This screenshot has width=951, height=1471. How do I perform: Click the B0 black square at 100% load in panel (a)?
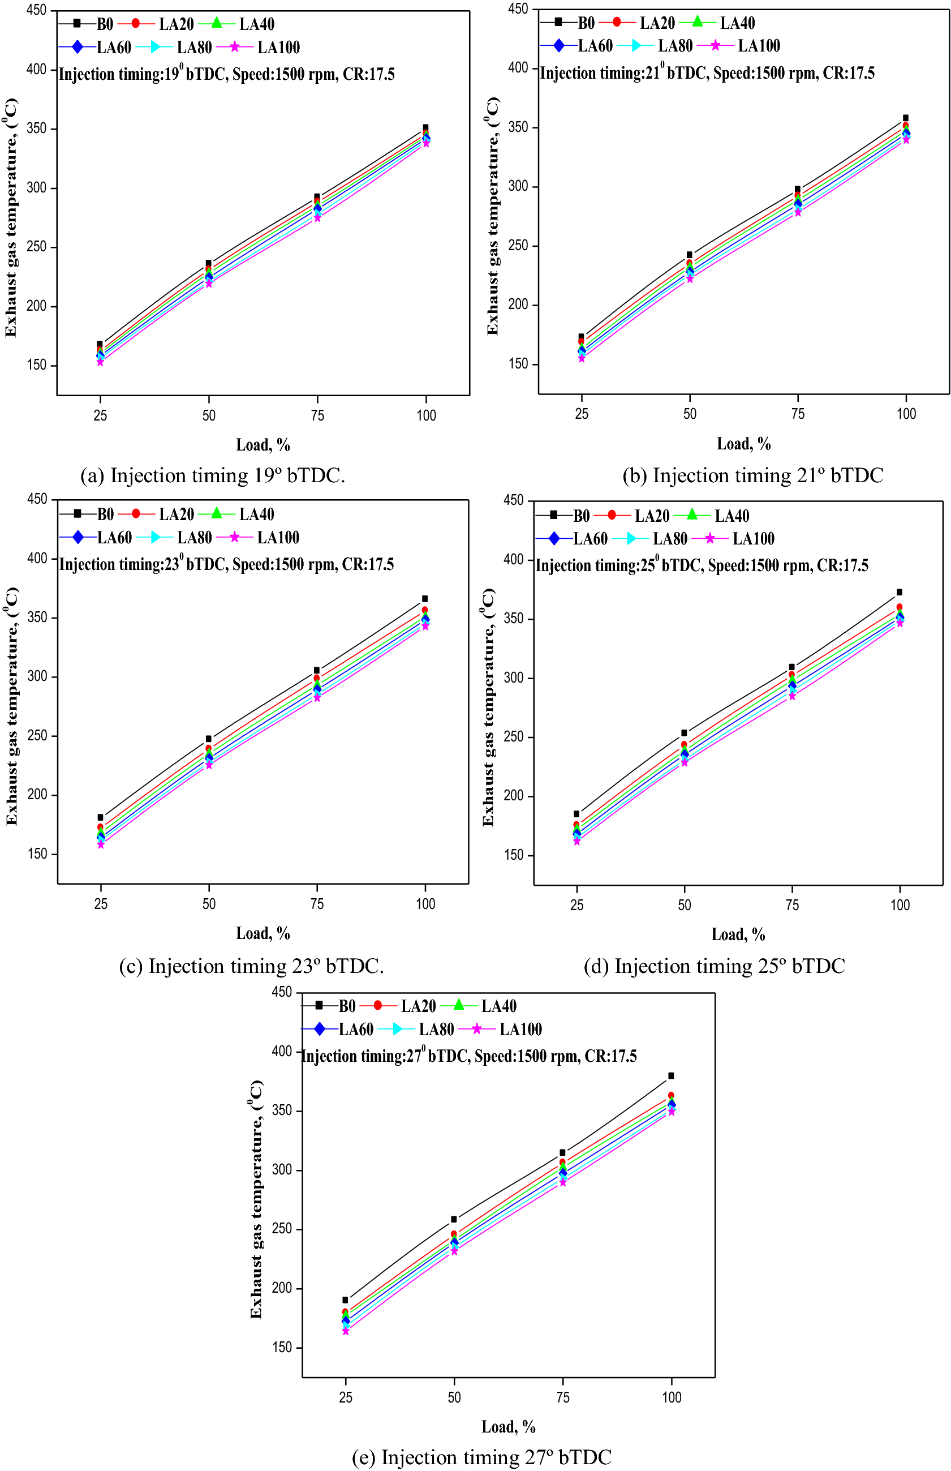[425, 128]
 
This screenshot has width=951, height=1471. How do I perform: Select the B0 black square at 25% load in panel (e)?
[345, 1300]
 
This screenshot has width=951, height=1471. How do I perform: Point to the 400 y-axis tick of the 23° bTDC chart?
[37, 558]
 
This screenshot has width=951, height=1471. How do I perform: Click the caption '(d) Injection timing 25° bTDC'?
[715, 966]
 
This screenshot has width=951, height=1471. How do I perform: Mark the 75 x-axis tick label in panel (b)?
[798, 414]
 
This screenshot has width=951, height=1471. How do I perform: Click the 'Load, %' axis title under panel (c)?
[263, 933]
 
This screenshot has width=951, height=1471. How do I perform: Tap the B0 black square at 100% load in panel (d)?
[899, 592]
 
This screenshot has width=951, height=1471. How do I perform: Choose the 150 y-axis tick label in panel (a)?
[37, 365]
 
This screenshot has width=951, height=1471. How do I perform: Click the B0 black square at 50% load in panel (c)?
[209, 739]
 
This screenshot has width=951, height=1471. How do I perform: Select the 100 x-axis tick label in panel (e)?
[672, 1397]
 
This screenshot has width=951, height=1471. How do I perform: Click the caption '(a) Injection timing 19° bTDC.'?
[212, 475]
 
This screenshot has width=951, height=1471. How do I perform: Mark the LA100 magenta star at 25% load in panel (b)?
[581, 358]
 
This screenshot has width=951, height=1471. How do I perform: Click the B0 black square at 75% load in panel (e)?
[562, 1152]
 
